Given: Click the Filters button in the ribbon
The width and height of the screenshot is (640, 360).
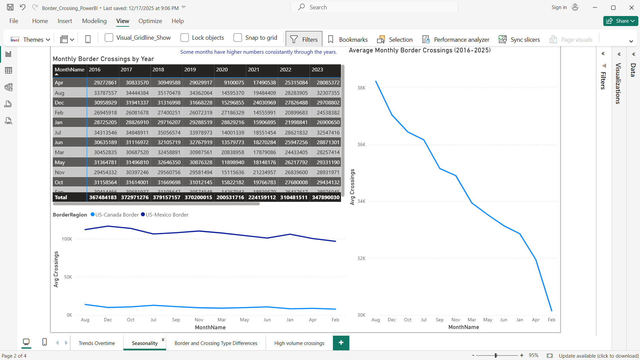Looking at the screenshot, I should click(304, 39).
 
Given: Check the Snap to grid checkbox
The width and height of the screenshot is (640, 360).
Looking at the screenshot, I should click(238, 38).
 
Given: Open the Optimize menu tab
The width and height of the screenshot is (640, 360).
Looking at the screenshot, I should click(150, 21).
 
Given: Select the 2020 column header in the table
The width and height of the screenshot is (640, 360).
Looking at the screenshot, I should click(222, 69).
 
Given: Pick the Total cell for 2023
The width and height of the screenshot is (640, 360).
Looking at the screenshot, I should click(326, 197).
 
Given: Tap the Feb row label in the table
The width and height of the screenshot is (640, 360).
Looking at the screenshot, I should click(59, 112).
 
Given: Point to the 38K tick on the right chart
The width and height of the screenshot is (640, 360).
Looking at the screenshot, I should click(361, 88).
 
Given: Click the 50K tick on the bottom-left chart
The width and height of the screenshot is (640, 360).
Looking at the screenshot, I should click(68, 277).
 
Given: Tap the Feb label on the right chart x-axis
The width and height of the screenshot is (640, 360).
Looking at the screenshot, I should click(551, 320).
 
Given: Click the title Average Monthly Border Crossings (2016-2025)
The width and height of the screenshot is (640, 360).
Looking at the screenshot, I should click(419, 50).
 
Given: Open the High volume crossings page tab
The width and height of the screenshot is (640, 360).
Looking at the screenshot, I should click(299, 343).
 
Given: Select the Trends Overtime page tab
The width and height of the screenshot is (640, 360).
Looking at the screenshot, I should click(97, 343).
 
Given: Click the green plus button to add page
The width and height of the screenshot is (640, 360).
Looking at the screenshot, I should click(341, 343).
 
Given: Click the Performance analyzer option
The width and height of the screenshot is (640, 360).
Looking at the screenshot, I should click(461, 39).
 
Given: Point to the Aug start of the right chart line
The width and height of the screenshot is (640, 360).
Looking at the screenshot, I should click(376, 81).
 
